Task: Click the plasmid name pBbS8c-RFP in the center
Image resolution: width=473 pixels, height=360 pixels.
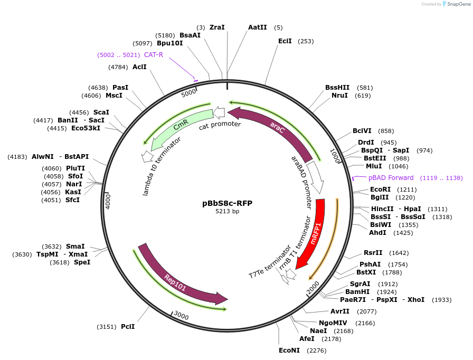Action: tap(227, 203)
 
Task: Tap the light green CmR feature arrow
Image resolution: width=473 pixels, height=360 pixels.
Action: tap(179, 127)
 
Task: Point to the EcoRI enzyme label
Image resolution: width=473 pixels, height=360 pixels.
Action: tap(381, 189)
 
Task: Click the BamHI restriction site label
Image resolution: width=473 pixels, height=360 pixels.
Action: tap(357, 291)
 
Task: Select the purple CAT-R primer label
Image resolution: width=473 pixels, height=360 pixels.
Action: tap(154, 54)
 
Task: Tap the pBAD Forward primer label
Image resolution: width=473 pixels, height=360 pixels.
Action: tap(391, 178)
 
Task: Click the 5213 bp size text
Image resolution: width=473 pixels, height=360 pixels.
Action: tap(227, 212)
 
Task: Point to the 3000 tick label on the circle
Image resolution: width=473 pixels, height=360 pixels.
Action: tap(181, 315)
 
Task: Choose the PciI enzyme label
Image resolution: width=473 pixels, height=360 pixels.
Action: tap(128, 327)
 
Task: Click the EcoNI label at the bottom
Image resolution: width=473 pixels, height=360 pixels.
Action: tap(289, 350)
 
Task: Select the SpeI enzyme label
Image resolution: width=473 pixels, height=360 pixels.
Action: tap(82, 262)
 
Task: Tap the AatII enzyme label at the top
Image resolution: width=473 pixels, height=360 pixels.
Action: tap(258, 27)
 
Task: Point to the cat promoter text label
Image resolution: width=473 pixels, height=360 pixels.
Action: tap(220, 125)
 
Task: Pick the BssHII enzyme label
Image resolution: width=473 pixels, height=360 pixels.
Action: tap(337, 88)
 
